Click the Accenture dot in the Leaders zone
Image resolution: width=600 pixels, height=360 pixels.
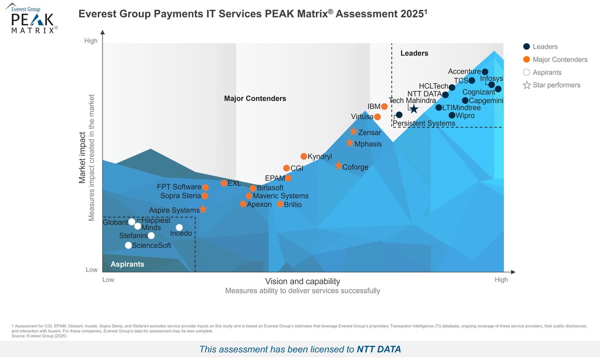click(485, 71)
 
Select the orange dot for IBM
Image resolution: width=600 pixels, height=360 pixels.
click(384, 106)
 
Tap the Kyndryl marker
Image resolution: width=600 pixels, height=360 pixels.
click(304, 157)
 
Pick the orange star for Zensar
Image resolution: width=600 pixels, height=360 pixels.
click(353, 132)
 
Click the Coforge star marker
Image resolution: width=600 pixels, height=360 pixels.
click(338, 166)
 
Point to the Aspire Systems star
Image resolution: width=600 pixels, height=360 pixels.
click(203, 209)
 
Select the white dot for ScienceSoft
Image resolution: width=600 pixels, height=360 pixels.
click(128, 245)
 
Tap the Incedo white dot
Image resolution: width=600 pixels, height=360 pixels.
click(179, 227)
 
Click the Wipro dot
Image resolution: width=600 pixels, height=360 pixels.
click(452, 115)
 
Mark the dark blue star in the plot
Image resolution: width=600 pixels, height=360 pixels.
click(413, 109)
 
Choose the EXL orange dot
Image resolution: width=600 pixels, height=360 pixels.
click(224, 183)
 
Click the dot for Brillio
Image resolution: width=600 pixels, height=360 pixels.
click(280, 204)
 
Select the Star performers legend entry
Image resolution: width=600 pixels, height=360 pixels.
click(551, 85)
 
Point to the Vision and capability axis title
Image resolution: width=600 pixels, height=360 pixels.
click(302, 281)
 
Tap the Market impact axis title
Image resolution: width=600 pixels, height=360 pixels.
click(82, 158)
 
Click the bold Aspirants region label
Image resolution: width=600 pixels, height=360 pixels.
click(127, 264)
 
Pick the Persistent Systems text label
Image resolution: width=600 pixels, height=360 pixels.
click(424, 123)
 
